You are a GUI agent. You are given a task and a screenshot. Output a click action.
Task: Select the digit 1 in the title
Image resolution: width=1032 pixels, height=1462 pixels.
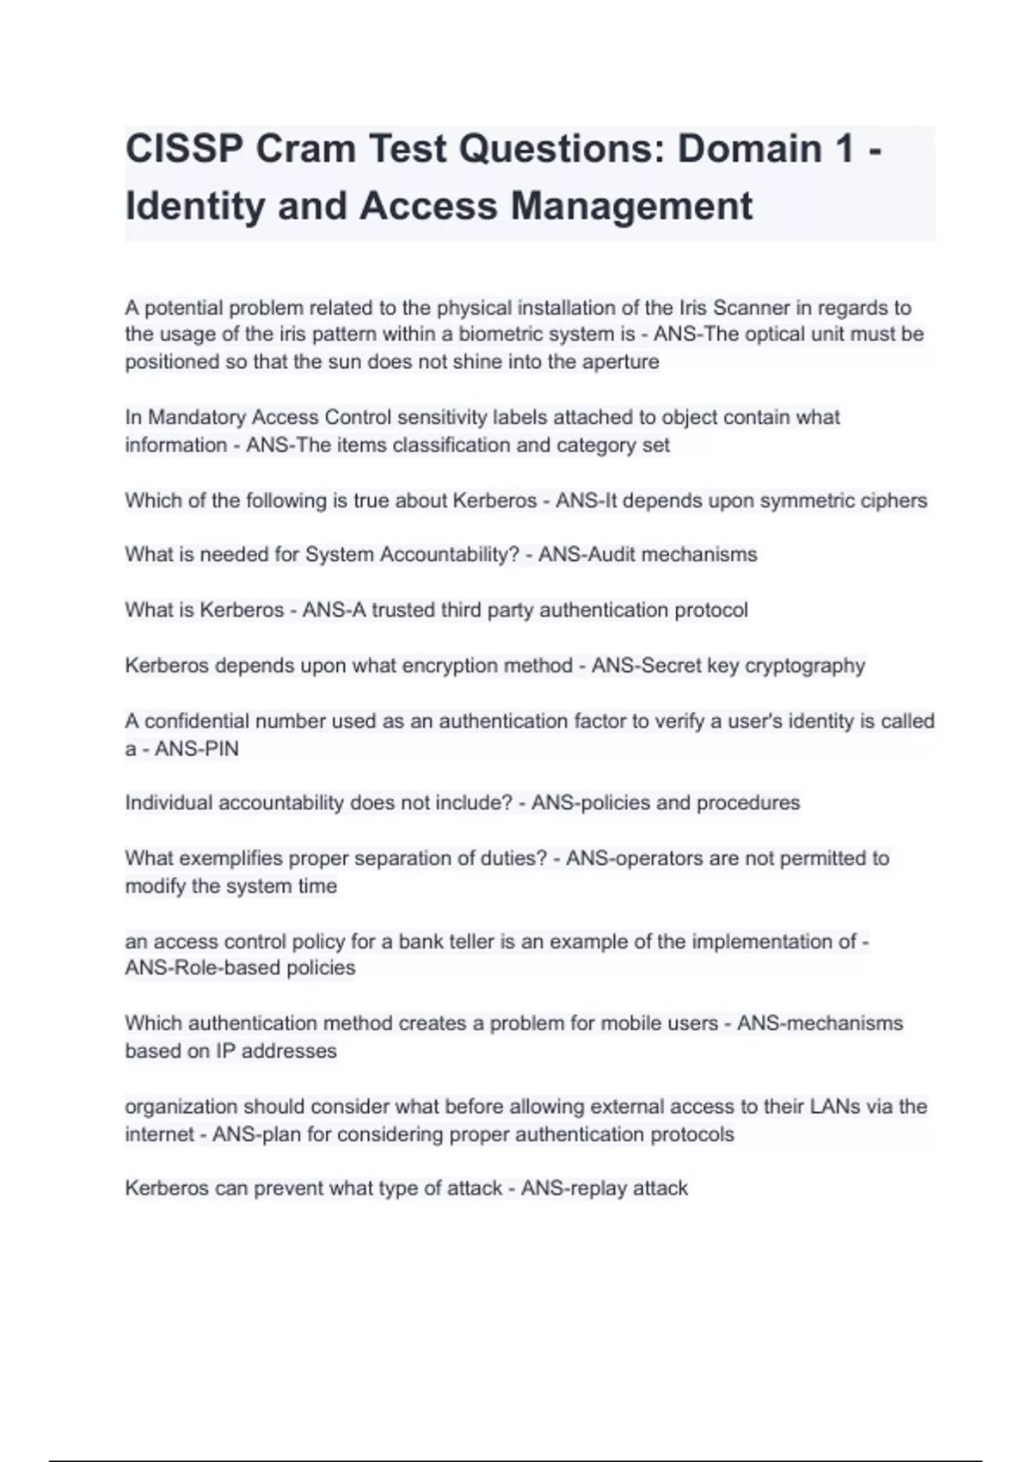point(845,149)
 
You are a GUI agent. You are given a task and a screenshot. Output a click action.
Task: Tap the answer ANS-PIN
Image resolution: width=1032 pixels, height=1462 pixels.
point(197,749)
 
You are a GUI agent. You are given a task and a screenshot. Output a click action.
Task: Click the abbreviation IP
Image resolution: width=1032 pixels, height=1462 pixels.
point(225,1051)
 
